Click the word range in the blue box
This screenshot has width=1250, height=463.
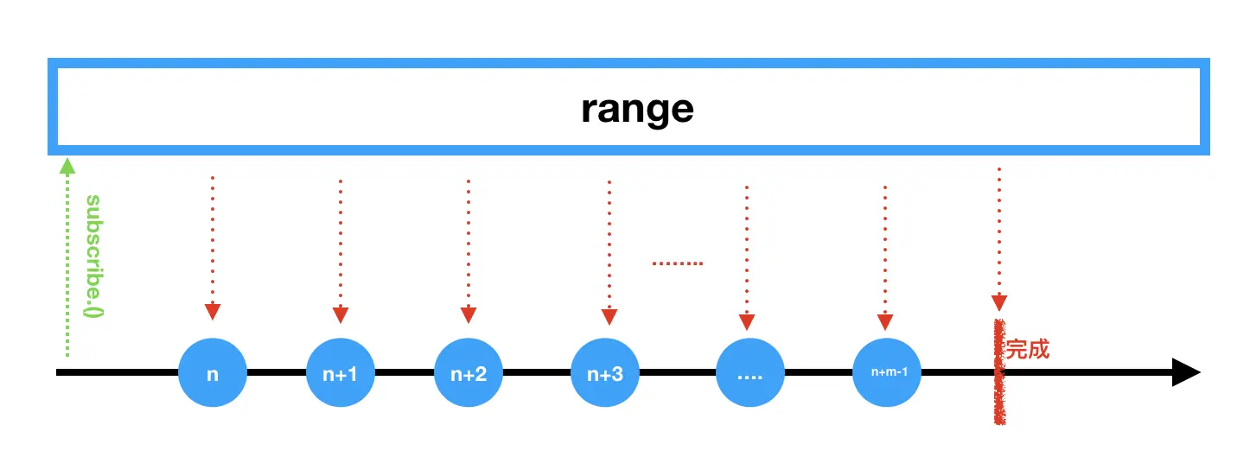pos(637,109)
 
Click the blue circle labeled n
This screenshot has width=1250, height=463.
pos(213,373)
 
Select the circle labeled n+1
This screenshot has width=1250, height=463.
pos(341,373)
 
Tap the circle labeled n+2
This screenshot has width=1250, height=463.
pos(469,373)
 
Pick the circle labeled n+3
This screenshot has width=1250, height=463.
pos(606,373)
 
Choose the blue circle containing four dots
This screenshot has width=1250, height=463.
pos(749,374)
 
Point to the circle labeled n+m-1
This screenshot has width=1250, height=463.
pos(885,373)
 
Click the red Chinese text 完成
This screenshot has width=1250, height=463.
pos(1028,350)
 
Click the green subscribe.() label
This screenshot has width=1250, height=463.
pos(93,257)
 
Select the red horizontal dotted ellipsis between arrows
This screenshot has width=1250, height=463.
pos(677,263)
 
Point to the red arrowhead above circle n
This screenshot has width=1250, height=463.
pos(213,312)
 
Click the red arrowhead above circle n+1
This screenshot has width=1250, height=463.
pos(341,314)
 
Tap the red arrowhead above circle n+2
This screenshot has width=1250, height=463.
pos(469,314)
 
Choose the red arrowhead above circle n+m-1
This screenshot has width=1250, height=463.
pos(884,322)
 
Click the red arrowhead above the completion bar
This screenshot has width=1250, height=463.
pos(999,302)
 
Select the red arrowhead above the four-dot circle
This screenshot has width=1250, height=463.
pos(747,322)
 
